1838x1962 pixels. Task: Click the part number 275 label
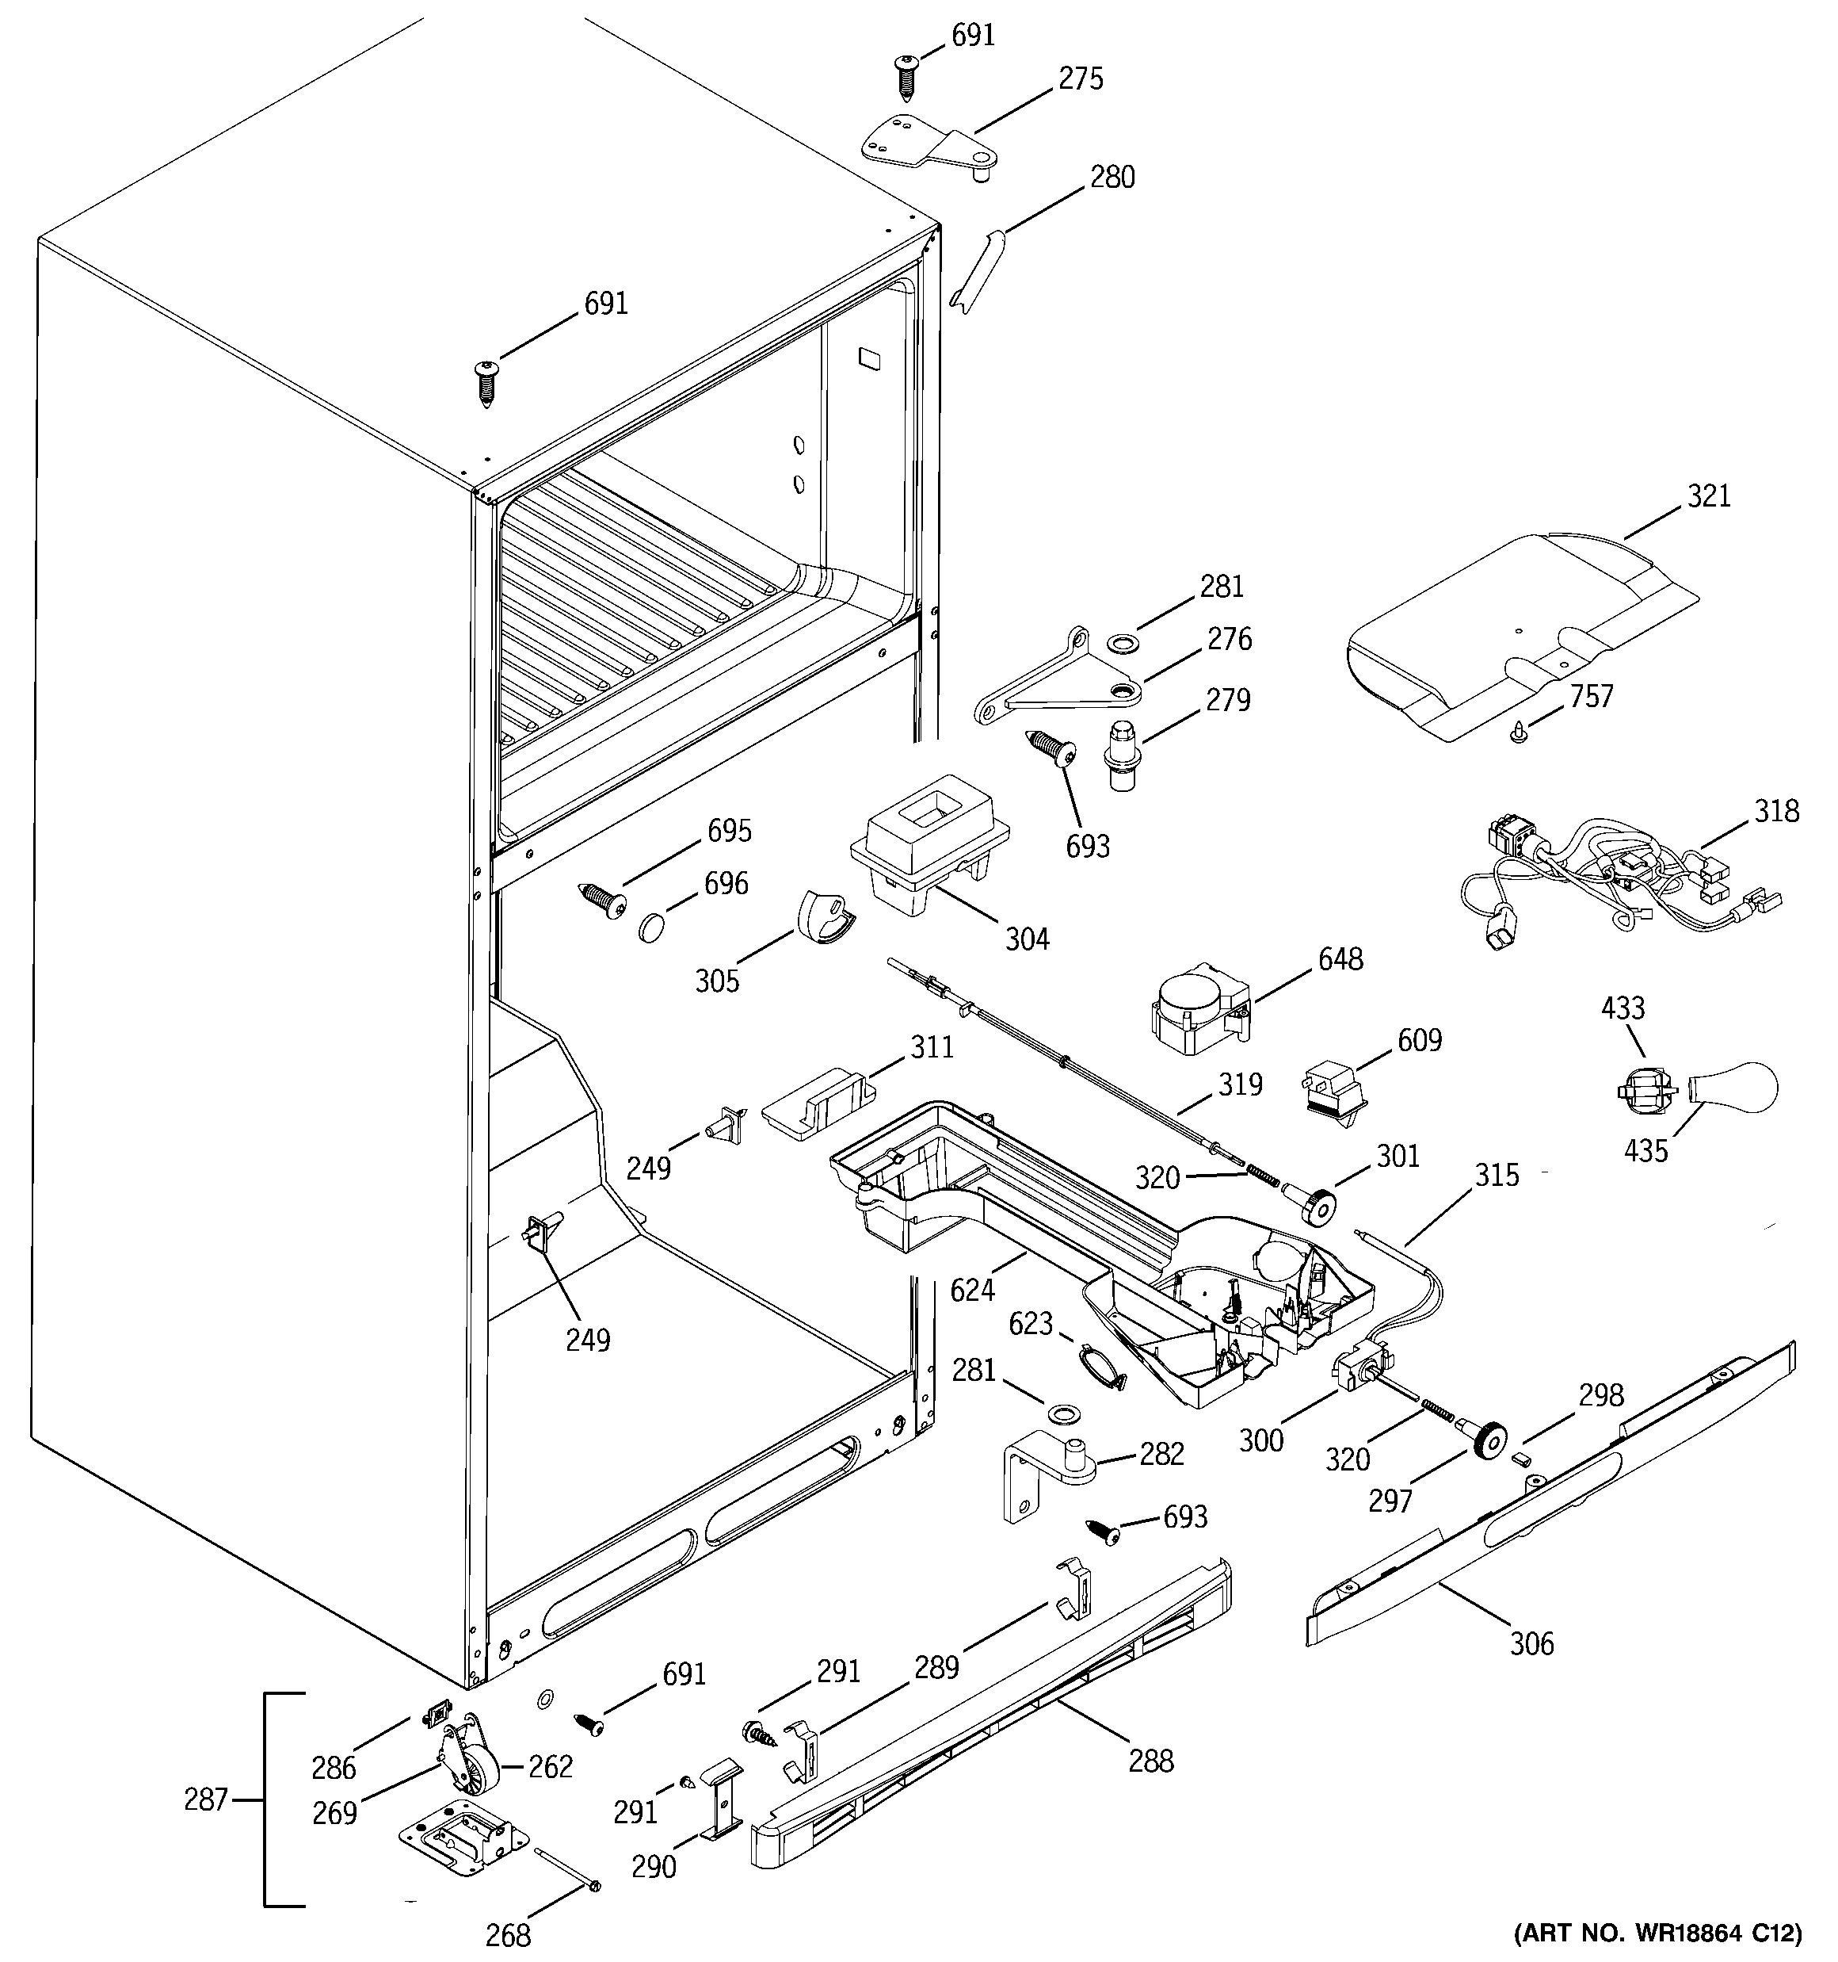point(1081,79)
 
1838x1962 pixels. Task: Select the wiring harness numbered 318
point(1618,874)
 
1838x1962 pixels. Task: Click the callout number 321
point(1709,495)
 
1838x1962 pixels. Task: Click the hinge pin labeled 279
point(1119,754)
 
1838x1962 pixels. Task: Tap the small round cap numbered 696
point(651,927)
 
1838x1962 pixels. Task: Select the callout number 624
point(973,1289)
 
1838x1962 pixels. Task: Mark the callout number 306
point(1531,1643)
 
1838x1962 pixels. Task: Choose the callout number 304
point(1027,939)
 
